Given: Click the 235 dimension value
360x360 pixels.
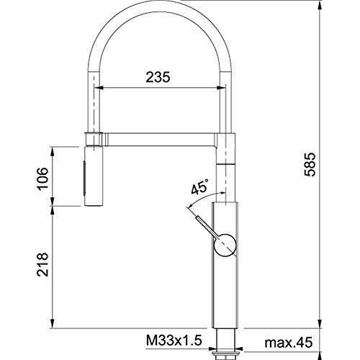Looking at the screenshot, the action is (158, 77).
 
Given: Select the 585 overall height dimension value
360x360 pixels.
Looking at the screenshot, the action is (310, 164).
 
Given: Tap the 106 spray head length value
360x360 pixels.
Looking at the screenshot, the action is (42, 179).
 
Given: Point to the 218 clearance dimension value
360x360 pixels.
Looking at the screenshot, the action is (42, 264).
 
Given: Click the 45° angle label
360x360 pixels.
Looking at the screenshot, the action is (199, 186).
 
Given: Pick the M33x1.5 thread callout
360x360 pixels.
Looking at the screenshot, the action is (174, 341).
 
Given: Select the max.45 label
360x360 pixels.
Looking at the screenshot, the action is (289, 342).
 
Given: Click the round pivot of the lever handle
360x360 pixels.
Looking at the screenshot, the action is (225, 244).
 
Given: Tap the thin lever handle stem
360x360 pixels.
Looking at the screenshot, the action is (206, 226).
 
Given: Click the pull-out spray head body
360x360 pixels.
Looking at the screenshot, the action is (94, 176).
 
